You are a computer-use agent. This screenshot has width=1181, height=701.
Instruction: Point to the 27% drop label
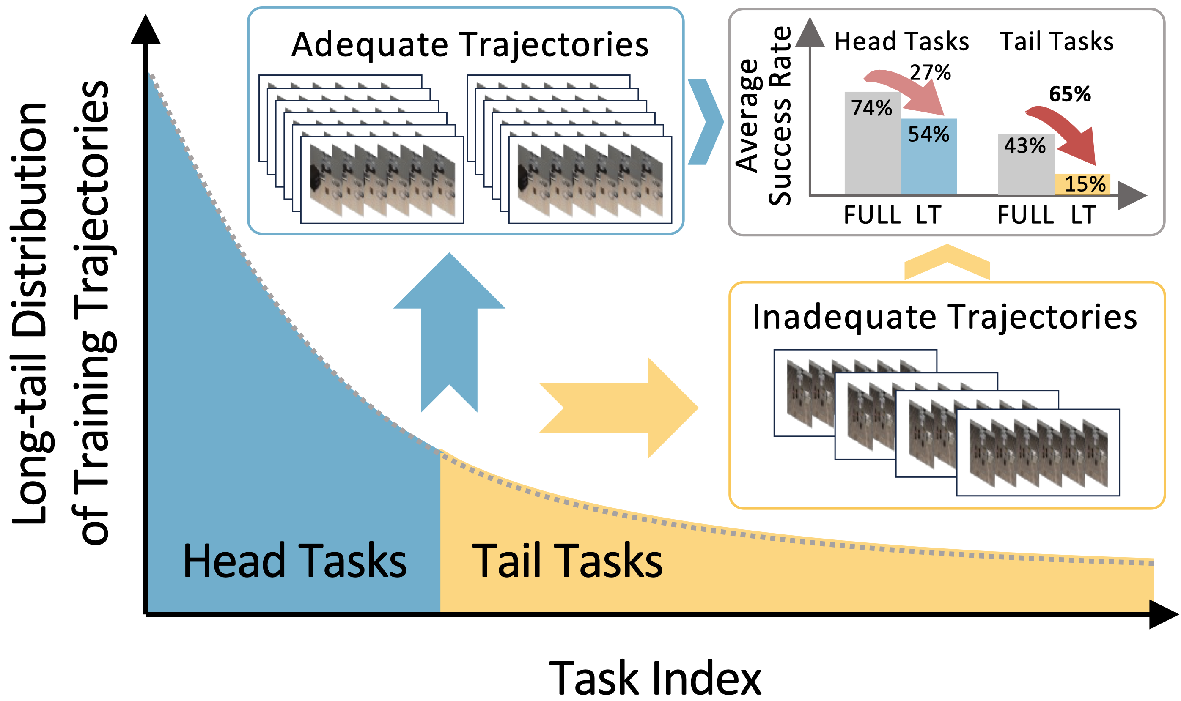930,73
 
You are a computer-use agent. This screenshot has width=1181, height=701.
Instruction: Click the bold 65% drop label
1069,94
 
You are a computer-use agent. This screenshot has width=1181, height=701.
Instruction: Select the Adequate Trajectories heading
470,45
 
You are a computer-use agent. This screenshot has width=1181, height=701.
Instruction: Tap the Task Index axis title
655,678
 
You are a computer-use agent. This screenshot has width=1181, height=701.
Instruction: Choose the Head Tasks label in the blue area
294,561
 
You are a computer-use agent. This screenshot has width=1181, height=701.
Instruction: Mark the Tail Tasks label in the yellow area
567,561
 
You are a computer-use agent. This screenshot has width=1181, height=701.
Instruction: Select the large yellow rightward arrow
619,408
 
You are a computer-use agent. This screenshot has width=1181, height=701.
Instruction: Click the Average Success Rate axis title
763,116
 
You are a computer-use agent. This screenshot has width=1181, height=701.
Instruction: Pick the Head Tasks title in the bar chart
901,41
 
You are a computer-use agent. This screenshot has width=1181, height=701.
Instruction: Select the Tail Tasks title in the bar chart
1056,41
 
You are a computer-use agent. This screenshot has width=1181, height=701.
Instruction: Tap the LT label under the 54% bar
928,215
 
